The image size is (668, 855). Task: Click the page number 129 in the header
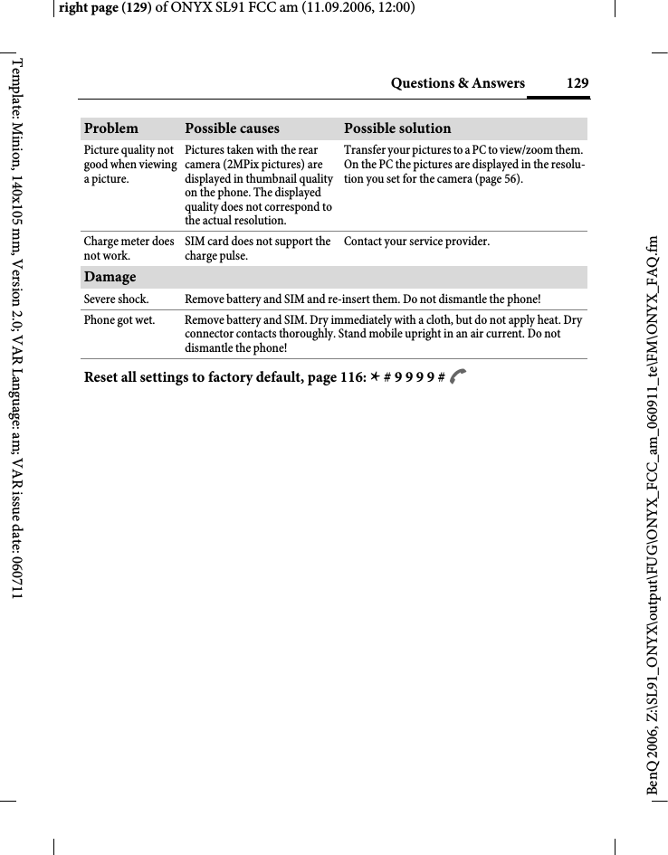click(577, 84)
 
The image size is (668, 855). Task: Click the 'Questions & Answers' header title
click(457, 84)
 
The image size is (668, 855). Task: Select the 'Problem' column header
click(111, 128)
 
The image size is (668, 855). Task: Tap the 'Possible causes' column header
click(232, 128)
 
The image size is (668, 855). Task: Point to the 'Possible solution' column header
click(396, 128)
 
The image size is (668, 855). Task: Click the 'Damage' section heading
click(110, 277)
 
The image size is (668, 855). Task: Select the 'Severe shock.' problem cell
click(117, 299)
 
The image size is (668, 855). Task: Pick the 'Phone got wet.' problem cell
click(119, 320)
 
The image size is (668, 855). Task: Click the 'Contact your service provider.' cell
click(416, 242)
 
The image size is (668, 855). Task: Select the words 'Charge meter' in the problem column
click(117, 242)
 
